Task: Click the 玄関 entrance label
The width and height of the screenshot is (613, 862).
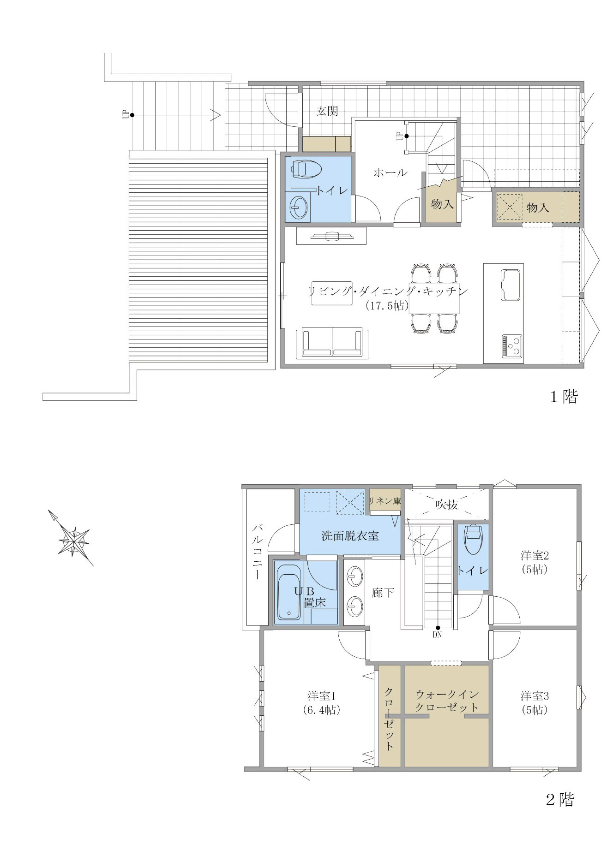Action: click(x=327, y=111)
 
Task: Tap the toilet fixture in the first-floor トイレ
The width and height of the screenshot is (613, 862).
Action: click(x=306, y=169)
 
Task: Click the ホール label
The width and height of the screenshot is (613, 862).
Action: click(x=390, y=172)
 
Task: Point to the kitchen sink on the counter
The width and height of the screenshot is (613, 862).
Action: click(x=510, y=285)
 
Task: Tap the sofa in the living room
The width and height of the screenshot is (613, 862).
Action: click(x=332, y=342)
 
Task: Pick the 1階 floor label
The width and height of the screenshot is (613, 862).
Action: click(x=564, y=397)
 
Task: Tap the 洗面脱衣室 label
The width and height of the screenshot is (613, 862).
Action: click(x=350, y=536)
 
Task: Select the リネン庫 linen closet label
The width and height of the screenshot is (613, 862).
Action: click(x=385, y=501)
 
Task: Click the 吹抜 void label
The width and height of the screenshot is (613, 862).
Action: click(x=446, y=505)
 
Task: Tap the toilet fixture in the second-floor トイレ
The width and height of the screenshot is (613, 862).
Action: click(x=473, y=539)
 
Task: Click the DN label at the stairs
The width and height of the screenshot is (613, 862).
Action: click(x=437, y=635)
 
